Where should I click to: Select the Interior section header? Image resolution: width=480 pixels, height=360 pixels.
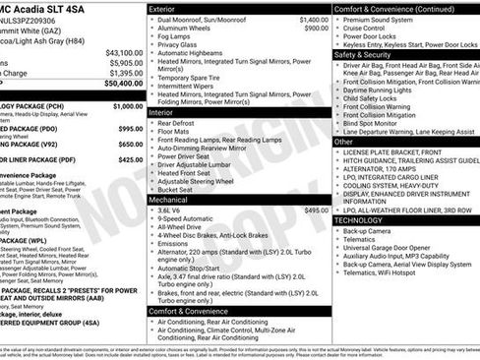click(163, 112)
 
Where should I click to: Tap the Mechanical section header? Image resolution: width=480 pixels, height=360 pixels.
click(169, 199)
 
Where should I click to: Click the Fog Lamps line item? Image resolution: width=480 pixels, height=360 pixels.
click(176, 39)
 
